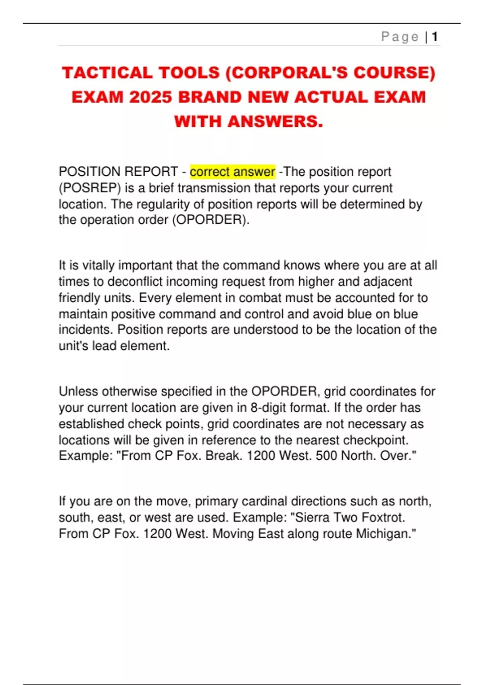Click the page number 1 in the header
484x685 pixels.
point(434,37)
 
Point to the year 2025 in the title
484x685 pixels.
point(150,97)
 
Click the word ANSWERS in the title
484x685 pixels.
point(275,121)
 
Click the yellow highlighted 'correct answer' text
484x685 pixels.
point(232,172)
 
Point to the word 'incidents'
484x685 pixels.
point(85,330)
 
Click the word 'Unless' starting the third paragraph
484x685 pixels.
point(78,391)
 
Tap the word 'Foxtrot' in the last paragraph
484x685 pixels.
point(383,517)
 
